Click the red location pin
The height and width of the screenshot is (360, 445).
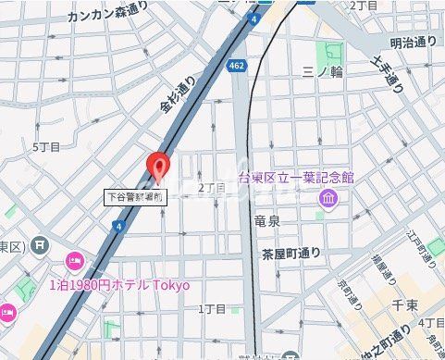pyautogui.click(x=159, y=168)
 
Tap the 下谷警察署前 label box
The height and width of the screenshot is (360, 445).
pyautogui.click(x=134, y=196)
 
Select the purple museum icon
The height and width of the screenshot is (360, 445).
pyautogui.click(x=328, y=198)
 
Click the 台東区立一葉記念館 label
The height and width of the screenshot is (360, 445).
pyautogui.click(x=296, y=178)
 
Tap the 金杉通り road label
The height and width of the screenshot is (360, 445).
pyautogui.click(x=179, y=96)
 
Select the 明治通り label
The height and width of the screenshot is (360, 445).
pyautogui.click(x=414, y=43)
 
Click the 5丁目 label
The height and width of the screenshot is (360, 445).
pyautogui.click(x=46, y=147)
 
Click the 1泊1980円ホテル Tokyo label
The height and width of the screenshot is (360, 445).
pyautogui.click(x=118, y=285)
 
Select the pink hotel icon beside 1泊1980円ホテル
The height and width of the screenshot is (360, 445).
pyautogui.click(x=74, y=261)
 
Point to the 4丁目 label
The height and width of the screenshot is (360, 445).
pyautogui.click(x=431, y=322)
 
